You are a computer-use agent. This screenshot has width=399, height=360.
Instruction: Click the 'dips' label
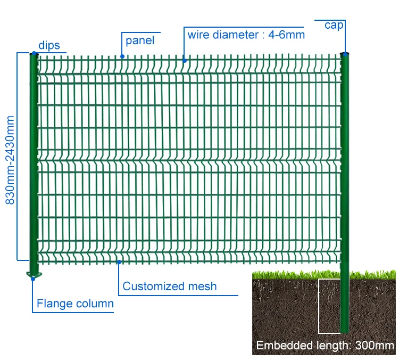click(x=48, y=45)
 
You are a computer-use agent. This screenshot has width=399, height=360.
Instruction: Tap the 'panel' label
click(x=140, y=40)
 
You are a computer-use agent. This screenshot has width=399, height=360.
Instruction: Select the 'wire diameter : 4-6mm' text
click(x=246, y=35)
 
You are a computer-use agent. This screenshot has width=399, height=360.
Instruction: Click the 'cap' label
click(x=334, y=25)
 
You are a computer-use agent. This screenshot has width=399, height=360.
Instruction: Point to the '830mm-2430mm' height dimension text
click(x=10, y=160)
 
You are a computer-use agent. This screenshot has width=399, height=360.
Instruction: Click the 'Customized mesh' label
click(x=170, y=286)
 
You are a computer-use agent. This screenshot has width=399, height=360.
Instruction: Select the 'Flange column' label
click(x=75, y=304)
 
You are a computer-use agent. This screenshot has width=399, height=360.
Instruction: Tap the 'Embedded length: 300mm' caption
click(x=325, y=346)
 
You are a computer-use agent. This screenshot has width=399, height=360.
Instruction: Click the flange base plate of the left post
click(x=34, y=275)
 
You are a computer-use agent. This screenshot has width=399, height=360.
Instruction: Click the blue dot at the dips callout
click(x=34, y=54)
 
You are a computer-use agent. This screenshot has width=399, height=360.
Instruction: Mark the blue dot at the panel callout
click(x=122, y=56)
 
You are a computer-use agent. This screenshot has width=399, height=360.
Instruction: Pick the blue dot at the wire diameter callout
click(x=185, y=61)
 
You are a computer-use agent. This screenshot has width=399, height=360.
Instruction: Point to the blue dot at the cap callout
click(x=345, y=54)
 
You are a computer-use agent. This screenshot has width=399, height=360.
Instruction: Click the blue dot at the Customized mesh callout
click(x=119, y=261)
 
